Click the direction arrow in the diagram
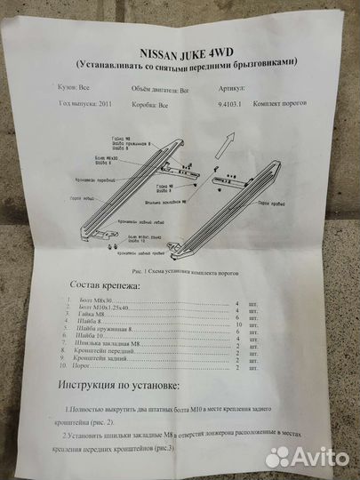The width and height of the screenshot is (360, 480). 228,138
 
